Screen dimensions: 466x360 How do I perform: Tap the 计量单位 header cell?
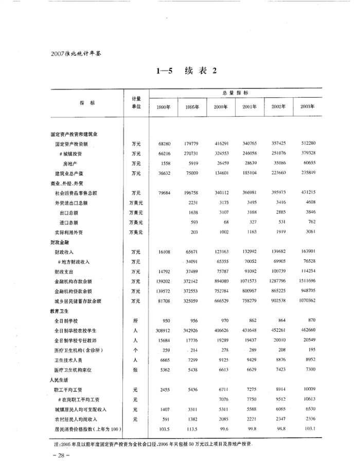click(136, 102)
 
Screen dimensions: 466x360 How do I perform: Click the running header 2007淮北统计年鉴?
click(74, 53)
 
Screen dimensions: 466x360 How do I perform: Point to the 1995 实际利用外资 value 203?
click(194, 232)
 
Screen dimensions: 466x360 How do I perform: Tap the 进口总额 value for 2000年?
click(225, 222)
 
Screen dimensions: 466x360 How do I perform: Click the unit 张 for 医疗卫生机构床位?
click(136, 370)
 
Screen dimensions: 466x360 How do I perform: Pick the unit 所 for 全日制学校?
click(136, 321)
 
